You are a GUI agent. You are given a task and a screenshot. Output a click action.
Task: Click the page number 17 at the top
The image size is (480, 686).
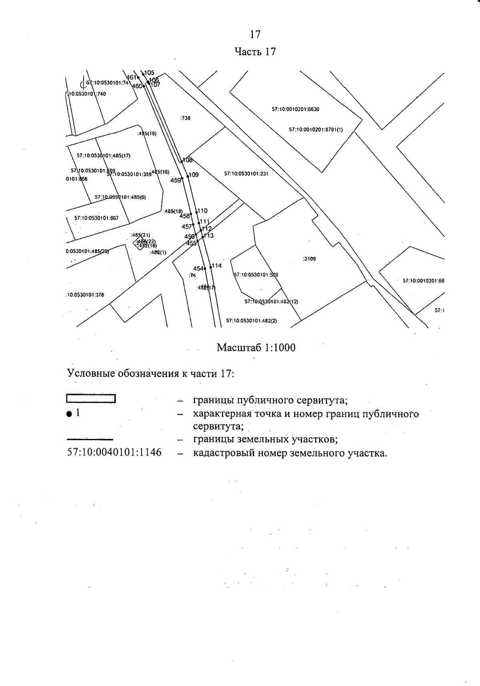click(x=255, y=35)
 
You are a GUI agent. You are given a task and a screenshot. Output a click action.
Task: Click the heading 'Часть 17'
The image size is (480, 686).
click(x=255, y=52)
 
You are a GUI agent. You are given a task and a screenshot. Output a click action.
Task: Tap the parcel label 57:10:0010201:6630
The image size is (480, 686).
click(x=296, y=109)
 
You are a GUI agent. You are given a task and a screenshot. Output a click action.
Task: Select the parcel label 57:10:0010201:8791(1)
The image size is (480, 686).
click(x=316, y=130)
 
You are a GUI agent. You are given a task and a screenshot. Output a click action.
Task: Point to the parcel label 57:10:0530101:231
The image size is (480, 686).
click(x=246, y=174)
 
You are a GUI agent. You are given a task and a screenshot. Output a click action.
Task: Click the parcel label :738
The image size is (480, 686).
click(x=186, y=118)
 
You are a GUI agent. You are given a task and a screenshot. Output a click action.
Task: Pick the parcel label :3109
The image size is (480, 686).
click(x=309, y=259)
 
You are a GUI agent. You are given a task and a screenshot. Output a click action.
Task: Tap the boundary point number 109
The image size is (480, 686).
click(x=194, y=175)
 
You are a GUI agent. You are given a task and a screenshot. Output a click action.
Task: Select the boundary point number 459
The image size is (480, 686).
click(x=176, y=180)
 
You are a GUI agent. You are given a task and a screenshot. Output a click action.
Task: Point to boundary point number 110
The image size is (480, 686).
click(x=202, y=211)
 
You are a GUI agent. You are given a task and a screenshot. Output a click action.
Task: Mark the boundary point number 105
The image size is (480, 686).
click(x=149, y=73)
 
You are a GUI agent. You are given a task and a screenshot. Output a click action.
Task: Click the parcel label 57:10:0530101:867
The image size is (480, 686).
click(x=96, y=218)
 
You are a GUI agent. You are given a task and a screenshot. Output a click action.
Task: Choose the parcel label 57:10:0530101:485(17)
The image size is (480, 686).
click(x=104, y=156)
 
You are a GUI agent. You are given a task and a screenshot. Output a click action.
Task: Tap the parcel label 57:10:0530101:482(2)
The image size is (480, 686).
click(x=252, y=321)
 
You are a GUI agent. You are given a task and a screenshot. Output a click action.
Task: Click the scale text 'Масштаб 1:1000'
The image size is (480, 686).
click(x=256, y=347)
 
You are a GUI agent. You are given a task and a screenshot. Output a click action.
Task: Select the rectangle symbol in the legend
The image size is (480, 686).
click(x=90, y=399)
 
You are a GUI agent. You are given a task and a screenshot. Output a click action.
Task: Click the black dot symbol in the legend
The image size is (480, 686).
click(x=69, y=414)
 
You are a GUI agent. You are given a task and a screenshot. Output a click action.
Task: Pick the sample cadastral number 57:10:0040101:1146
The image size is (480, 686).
click(x=114, y=453)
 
